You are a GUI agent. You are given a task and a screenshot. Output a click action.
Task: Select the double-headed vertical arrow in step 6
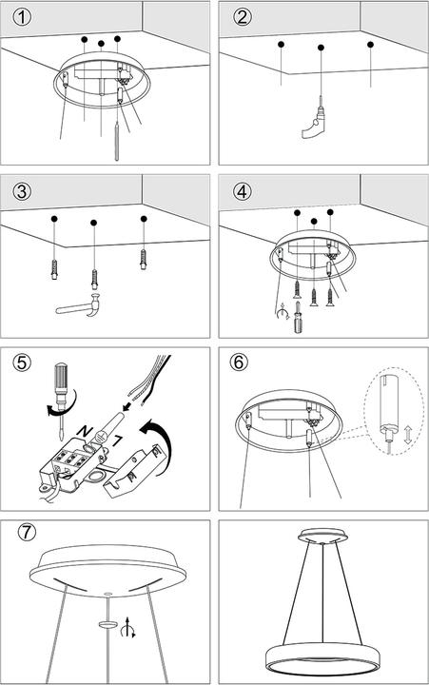click(408, 437)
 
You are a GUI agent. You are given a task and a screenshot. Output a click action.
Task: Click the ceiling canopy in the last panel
click(322, 532)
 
